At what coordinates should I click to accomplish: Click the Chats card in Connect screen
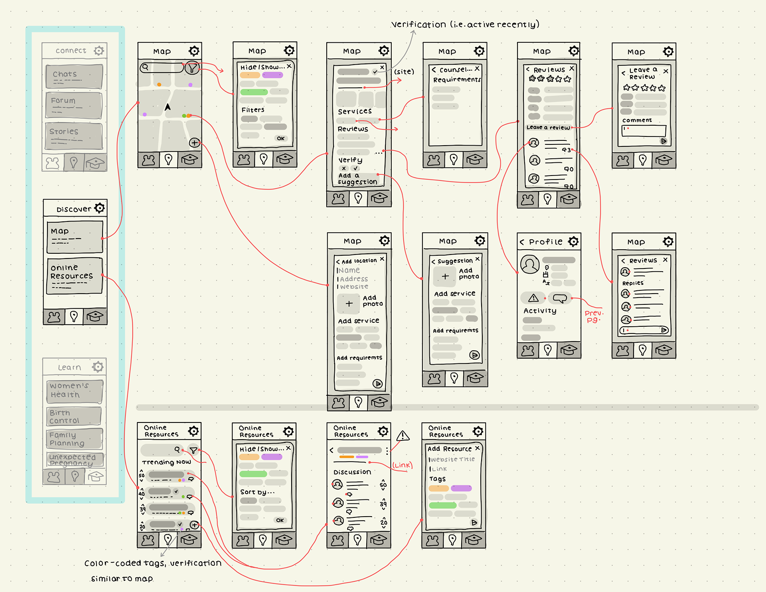(74, 76)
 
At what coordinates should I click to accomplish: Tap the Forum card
(74, 105)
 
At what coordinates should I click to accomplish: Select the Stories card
(74, 136)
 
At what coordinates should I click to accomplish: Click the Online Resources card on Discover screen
(74, 276)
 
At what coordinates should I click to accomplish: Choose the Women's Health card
(75, 391)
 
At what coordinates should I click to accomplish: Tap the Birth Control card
(74, 416)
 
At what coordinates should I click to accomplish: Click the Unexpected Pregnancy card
(75, 460)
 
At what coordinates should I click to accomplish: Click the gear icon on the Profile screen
(573, 241)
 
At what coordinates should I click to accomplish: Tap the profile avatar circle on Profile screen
(530, 264)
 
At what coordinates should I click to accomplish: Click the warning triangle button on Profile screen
(533, 298)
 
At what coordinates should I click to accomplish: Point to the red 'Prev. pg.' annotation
(594, 316)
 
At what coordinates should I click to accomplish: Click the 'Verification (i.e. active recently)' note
(465, 24)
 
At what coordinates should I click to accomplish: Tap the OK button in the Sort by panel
(280, 520)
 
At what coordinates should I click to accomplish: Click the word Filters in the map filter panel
(253, 110)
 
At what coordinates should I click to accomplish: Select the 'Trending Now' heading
(166, 462)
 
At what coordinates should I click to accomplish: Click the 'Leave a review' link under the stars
(548, 128)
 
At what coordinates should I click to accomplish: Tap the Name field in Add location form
(349, 270)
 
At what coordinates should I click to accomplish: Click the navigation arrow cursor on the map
(168, 107)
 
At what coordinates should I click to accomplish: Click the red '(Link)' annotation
(402, 465)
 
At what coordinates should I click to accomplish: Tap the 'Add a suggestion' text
(357, 179)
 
